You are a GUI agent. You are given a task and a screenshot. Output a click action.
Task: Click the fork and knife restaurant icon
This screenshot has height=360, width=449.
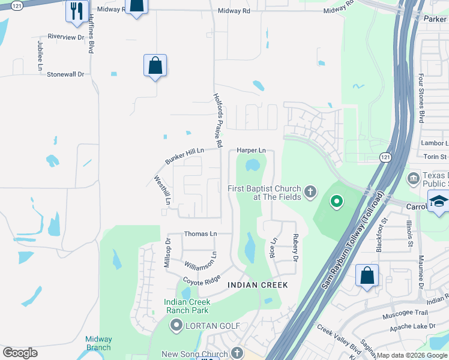(x=77, y=11)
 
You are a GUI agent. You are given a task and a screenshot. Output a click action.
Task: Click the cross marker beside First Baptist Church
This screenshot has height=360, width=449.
(x=310, y=192)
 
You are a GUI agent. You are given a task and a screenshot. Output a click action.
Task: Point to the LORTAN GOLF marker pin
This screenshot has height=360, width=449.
(x=176, y=326)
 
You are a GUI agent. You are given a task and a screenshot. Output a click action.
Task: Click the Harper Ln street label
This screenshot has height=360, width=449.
(x=251, y=150)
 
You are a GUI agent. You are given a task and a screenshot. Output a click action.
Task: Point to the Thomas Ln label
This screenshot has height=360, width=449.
(x=200, y=233)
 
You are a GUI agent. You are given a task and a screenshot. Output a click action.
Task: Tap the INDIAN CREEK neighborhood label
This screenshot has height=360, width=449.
(x=258, y=285)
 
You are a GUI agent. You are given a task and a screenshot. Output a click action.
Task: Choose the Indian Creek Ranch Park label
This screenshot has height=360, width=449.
(x=186, y=306)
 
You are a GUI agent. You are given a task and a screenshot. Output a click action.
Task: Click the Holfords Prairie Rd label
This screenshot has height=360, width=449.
(x=218, y=121)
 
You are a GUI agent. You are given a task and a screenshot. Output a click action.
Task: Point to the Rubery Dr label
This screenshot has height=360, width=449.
(x=295, y=248)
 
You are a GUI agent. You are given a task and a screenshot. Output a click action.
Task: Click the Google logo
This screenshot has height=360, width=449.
(x=20, y=353)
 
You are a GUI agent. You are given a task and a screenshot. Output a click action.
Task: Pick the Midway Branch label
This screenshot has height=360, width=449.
(x=98, y=343)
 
